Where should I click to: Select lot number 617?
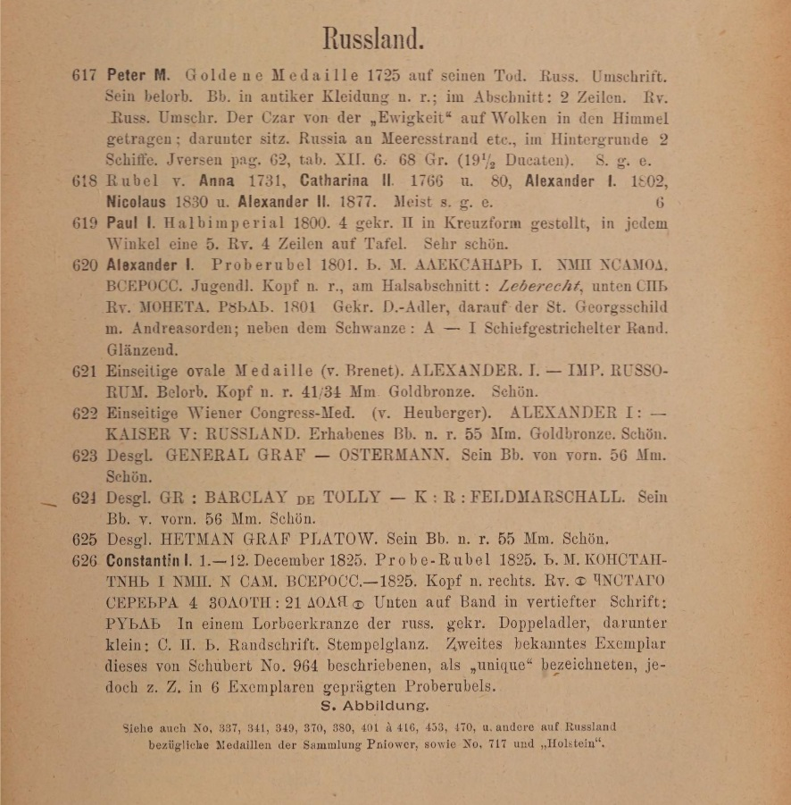pyautogui.click(x=84, y=76)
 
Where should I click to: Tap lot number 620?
pyautogui.click(x=84, y=265)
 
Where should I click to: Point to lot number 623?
pyautogui.click(x=84, y=456)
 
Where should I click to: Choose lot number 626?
pyautogui.click(x=84, y=561)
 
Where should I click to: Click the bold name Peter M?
pyautogui.click(x=137, y=76)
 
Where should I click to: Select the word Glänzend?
pyautogui.click(x=141, y=350)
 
